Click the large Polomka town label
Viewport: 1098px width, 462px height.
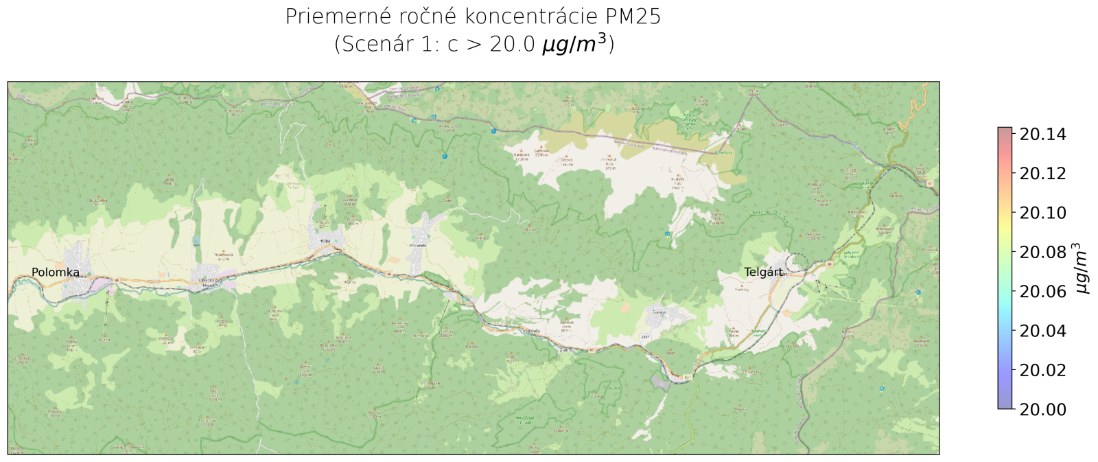coord(56,273)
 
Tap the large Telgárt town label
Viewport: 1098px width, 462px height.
coord(763,273)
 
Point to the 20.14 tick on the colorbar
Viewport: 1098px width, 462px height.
coord(1042,135)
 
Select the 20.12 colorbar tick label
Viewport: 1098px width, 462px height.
coord(1042,174)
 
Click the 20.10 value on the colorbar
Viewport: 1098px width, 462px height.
coord(1042,213)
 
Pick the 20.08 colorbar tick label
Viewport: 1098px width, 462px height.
coord(1042,253)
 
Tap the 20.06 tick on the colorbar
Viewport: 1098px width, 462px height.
coord(1042,292)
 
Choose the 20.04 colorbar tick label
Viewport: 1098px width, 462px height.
coord(1042,331)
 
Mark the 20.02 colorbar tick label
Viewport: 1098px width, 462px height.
coord(1042,370)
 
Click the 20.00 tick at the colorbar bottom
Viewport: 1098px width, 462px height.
coord(1042,409)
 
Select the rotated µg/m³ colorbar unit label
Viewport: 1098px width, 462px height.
coord(1082,268)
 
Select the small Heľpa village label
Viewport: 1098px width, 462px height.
coord(325,241)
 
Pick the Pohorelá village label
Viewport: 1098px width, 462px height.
coord(418,245)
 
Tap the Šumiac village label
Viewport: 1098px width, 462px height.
coord(659,311)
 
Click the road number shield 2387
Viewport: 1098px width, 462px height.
coord(645,337)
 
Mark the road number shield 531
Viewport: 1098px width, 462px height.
coord(688,377)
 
